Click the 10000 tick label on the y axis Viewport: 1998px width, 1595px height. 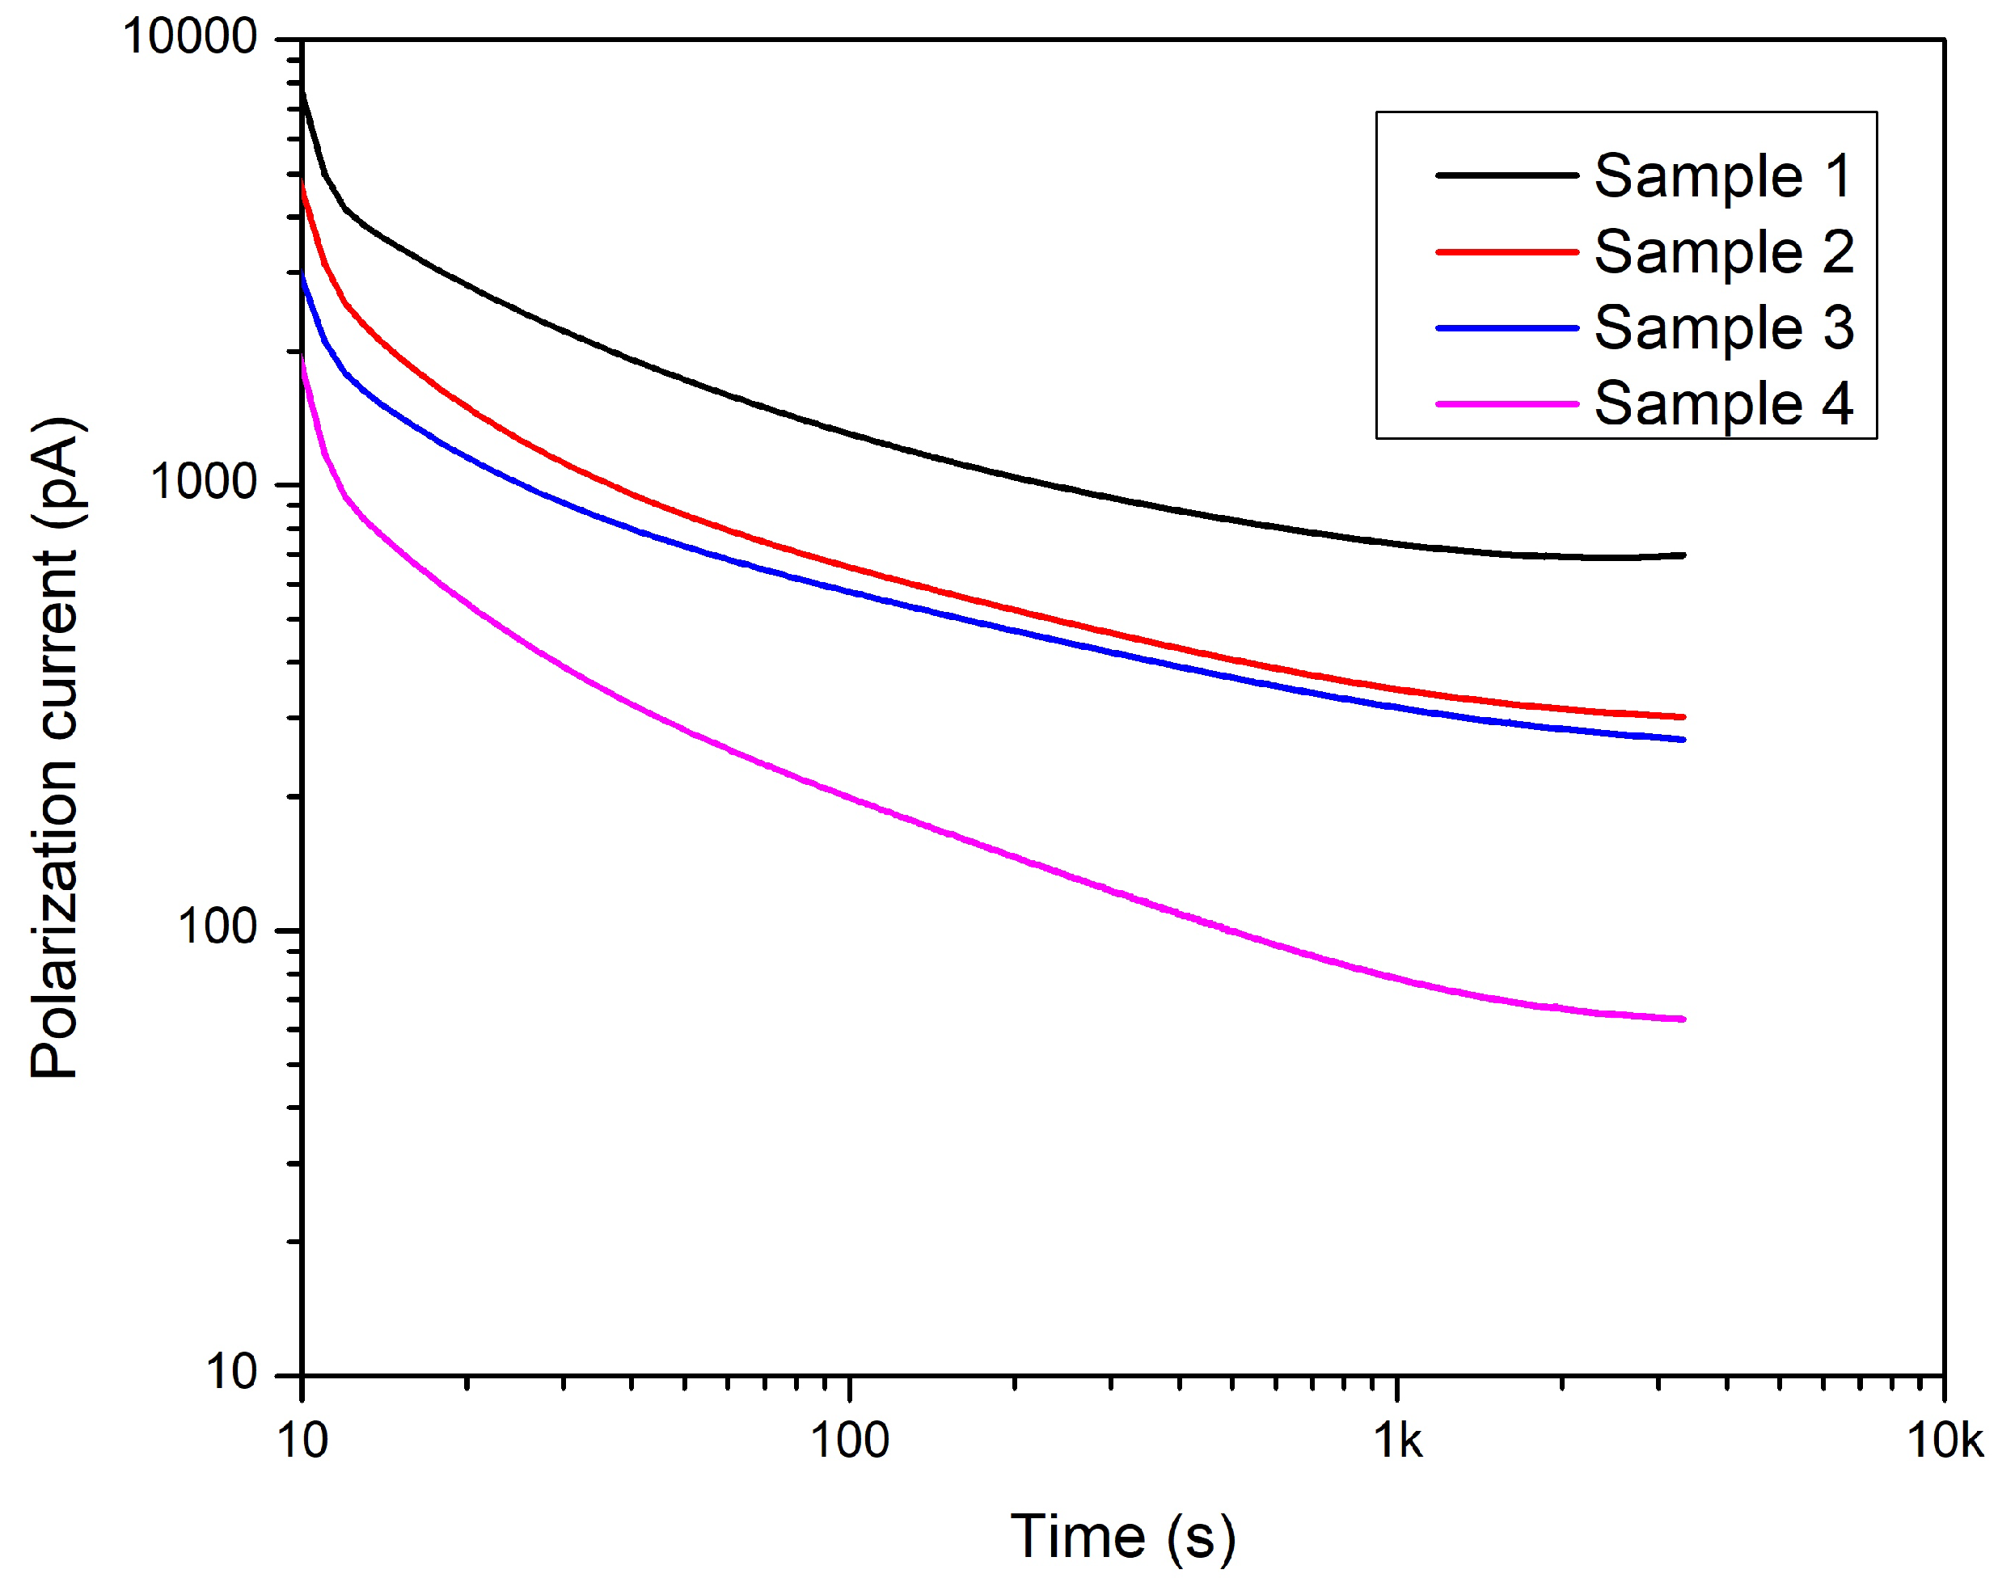tap(189, 38)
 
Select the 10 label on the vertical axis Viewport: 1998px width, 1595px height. tap(230, 1372)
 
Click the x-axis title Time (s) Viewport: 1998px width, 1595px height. tap(1122, 1538)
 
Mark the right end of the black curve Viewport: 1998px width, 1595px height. tap(1682, 555)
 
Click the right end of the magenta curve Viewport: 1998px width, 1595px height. tap(1682, 1019)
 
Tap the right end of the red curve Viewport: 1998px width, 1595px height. tap(1682, 716)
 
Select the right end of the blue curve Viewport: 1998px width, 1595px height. tap(1682, 740)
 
